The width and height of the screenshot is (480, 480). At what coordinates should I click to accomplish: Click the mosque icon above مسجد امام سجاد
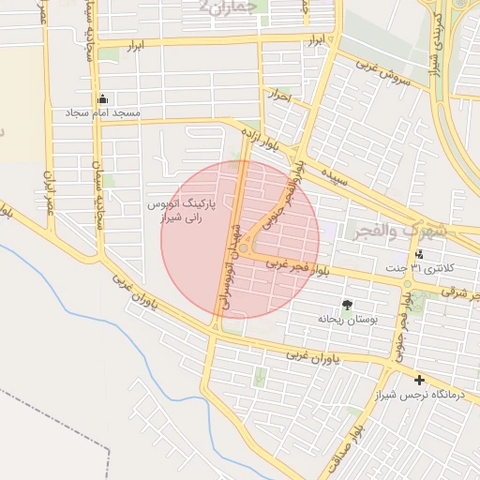point(102,98)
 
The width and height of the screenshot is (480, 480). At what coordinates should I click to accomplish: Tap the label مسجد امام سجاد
point(102,112)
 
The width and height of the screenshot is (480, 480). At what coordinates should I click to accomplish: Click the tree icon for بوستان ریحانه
point(348,305)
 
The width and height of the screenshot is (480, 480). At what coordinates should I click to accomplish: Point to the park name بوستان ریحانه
point(347,320)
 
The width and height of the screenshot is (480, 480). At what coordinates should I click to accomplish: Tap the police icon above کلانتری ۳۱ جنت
point(418,254)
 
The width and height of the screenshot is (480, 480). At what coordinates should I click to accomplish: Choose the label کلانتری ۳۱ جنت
point(428,269)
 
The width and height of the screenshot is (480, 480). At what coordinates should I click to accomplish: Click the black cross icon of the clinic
point(418,381)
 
